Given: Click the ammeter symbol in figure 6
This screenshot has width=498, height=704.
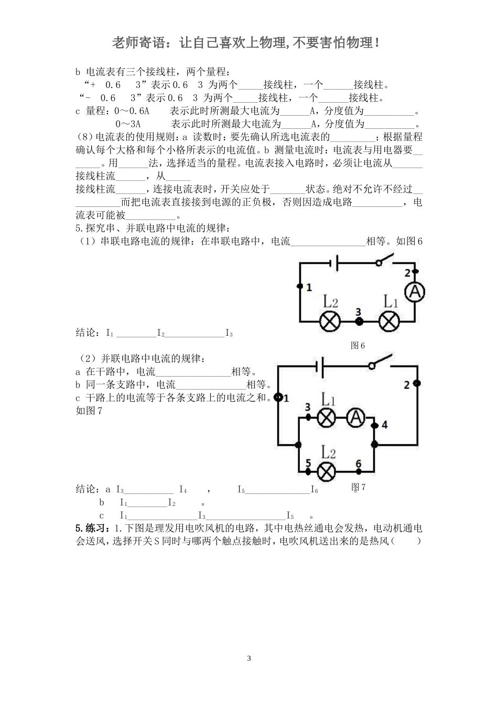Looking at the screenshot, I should [416, 293].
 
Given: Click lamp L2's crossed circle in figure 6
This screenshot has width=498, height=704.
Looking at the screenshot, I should [330, 321].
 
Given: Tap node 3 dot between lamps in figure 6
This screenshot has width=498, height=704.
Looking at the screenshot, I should [359, 321].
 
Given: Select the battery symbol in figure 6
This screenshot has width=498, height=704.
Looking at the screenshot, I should [334, 263].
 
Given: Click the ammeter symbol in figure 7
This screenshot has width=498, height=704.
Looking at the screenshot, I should [356, 417].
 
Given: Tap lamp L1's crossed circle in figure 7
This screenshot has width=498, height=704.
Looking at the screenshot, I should [328, 417].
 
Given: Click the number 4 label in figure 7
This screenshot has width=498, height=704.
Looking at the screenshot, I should [384, 425].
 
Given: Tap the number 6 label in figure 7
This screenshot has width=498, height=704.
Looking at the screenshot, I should [359, 463].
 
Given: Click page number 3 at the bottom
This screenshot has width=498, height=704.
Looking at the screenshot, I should [249, 658].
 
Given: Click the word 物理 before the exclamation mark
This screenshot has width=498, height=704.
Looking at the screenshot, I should [361, 43].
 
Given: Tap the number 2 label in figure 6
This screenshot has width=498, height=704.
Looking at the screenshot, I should [407, 272].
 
